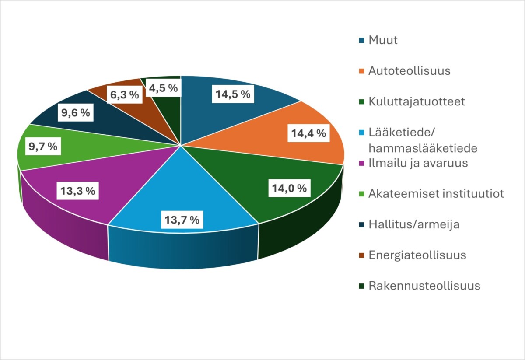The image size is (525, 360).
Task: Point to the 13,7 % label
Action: tap(182, 220)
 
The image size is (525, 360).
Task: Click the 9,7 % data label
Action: tap(43, 147)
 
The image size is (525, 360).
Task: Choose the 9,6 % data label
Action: tap(75, 113)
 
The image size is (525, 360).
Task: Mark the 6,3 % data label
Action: tap(124, 94)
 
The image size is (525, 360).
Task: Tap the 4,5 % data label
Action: tap(163, 88)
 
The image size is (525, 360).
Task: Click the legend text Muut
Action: tap(383, 40)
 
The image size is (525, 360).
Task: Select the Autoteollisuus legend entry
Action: tap(409, 71)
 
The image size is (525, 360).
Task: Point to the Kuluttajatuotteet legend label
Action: tap(416, 101)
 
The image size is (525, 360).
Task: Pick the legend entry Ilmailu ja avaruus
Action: tap(418, 163)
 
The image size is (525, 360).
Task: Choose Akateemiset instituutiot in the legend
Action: tap(436, 193)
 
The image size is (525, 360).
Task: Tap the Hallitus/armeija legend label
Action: tap(413, 224)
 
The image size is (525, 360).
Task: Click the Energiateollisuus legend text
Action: tap(417, 255)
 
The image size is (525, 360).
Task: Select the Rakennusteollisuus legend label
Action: tap(424, 286)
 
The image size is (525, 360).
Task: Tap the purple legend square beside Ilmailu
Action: tap(362, 164)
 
